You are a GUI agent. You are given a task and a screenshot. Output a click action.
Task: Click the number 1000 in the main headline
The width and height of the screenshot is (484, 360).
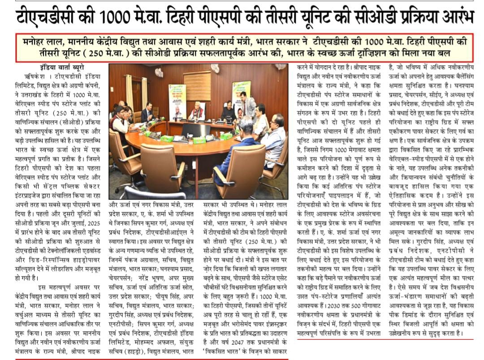119,17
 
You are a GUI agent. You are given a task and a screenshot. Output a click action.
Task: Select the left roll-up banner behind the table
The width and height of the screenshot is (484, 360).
177,102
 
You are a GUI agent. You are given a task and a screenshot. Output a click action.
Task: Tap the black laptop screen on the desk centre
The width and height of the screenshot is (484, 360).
195,130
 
